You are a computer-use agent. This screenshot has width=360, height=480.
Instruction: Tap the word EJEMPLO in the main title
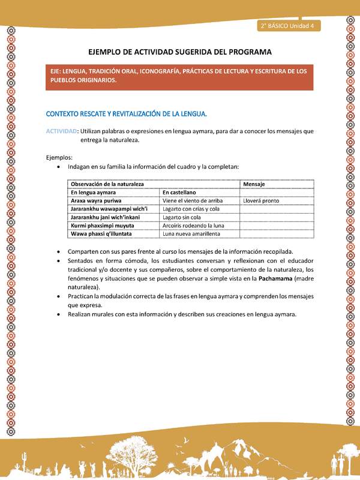click(x=106, y=52)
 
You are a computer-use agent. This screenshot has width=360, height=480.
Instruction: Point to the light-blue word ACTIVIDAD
click(x=61, y=131)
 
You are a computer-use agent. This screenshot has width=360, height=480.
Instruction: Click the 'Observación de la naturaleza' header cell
click(x=107, y=184)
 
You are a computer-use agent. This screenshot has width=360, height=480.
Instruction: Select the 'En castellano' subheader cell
click(x=182, y=192)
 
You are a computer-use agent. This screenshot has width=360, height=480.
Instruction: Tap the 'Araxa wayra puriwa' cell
click(x=96, y=200)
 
